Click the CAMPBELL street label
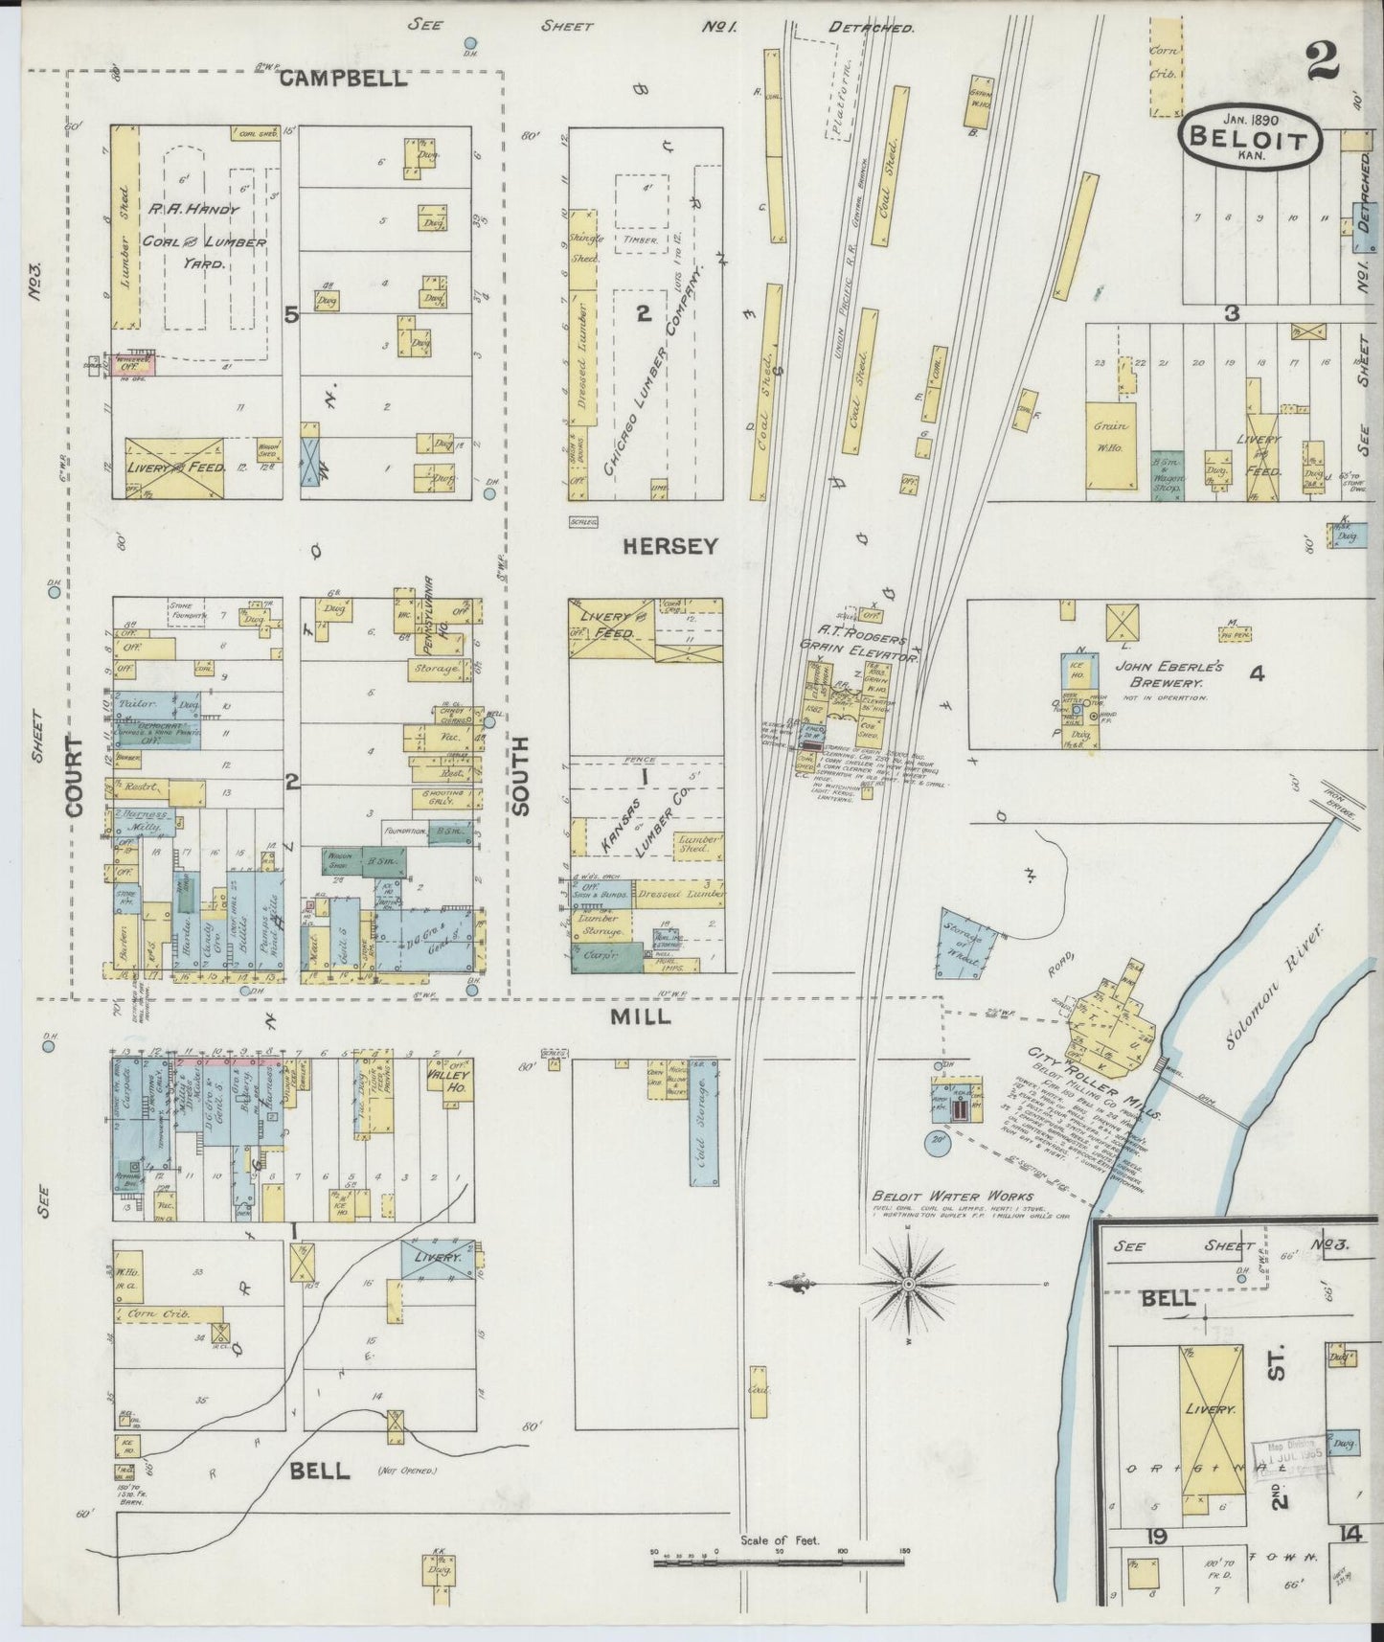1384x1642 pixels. point(343,80)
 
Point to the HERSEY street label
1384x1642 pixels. point(669,546)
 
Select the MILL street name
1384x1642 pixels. point(641,1017)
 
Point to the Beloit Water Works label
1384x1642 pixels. point(952,1197)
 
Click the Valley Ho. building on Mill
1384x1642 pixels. point(448,1081)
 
